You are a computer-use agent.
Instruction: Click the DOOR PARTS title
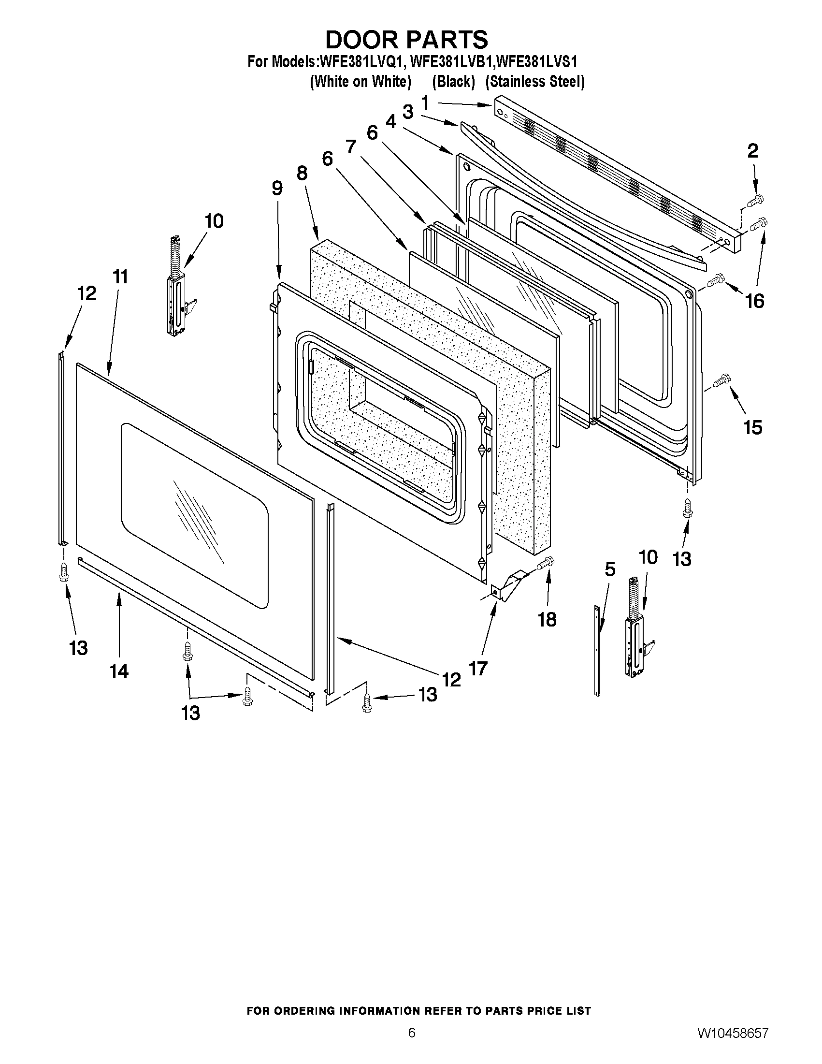pos(406,40)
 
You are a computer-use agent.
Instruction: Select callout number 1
pos(425,103)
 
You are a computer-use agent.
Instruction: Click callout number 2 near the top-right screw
pos(752,151)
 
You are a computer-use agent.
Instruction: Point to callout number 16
pos(755,301)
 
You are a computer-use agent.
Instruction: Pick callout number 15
pos(752,428)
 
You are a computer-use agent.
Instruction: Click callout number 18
pos(547,620)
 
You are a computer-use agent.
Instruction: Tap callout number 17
pos(478,669)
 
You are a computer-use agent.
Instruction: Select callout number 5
pos(610,569)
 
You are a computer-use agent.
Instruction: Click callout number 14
pos(119,671)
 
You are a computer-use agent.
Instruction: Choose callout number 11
pos(120,277)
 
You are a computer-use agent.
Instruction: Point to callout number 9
pos(277,188)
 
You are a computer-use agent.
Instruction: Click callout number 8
pos(302,173)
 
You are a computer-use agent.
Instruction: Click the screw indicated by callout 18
pos(546,564)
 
